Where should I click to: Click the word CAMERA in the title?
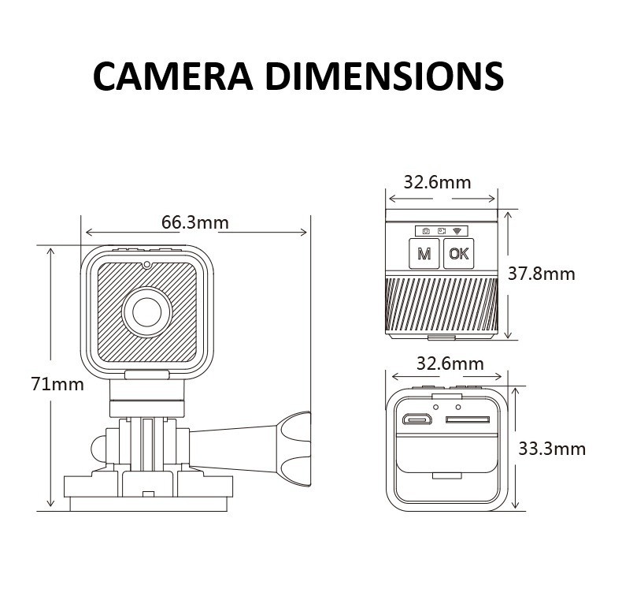[172, 76]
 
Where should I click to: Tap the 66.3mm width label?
[195, 222]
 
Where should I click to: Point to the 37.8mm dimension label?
[541, 274]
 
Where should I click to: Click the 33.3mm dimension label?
[552, 449]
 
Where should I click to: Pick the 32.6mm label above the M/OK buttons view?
[437, 182]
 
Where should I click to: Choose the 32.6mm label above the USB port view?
[450, 363]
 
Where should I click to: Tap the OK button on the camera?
[458, 254]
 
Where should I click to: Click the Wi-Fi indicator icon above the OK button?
[459, 230]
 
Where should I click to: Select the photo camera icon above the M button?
[425, 230]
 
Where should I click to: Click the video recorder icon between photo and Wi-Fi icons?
[442, 230]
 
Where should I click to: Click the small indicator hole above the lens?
[146, 264]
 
